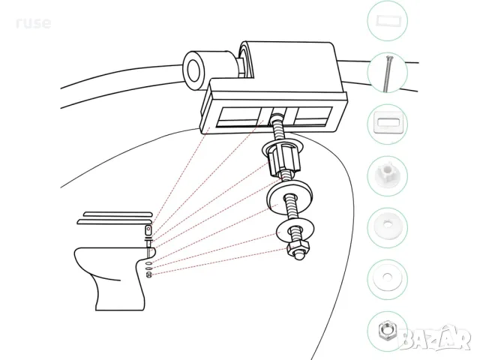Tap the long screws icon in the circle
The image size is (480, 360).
click(387, 73)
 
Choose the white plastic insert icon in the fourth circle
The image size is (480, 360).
click(388, 174)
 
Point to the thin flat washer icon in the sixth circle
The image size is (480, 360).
click(387, 277)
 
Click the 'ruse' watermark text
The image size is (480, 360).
click(33, 23)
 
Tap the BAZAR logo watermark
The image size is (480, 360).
click(435, 338)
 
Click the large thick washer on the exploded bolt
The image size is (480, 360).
click(290, 196)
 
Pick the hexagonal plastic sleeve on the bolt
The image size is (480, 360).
click(284, 160)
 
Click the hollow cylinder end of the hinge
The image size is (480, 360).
click(193, 71)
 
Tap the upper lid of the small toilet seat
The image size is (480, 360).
click(118, 214)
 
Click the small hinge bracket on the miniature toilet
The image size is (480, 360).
click(148, 229)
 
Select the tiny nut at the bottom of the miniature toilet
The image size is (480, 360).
click(148, 275)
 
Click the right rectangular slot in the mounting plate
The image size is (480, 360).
click(313, 116)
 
